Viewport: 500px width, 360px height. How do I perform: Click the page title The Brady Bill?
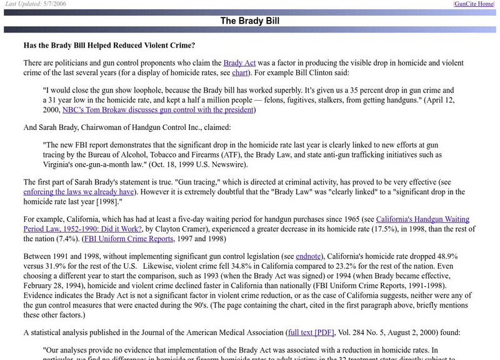pyautogui.click(x=249, y=21)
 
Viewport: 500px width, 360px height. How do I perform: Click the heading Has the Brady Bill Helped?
pyautogui.click(x=109, y=45)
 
